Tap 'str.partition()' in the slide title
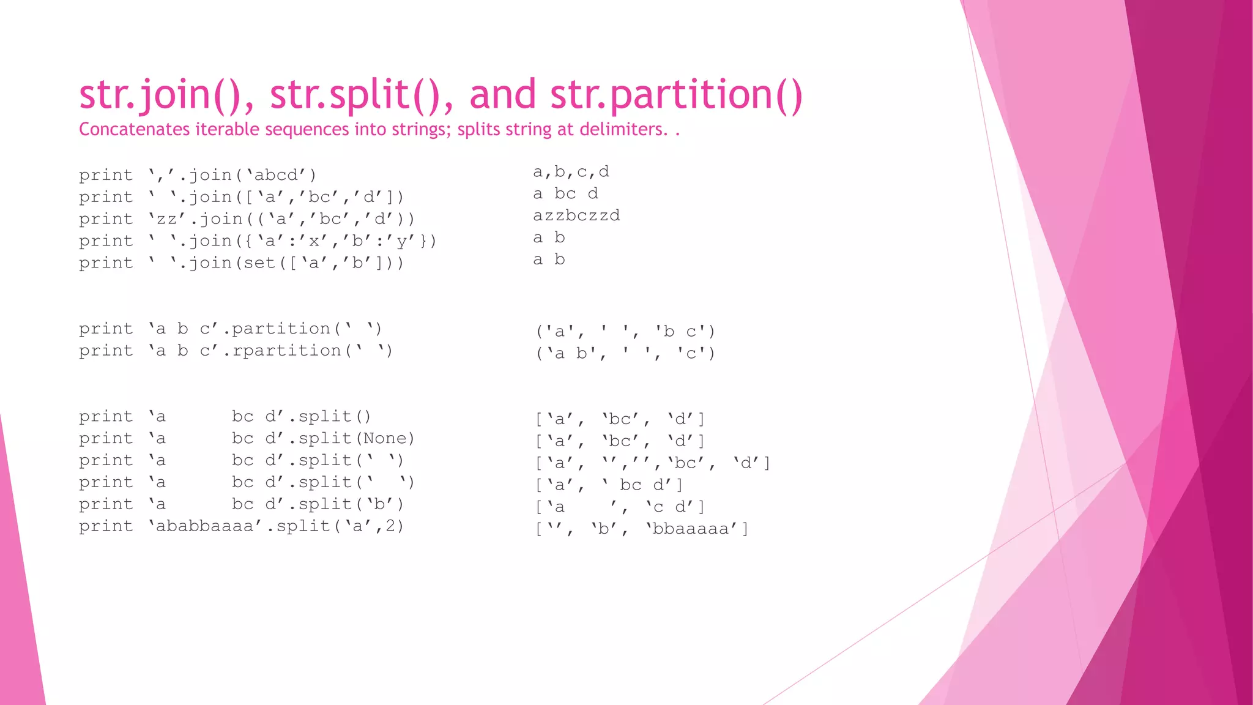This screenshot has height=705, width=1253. pyautogui.click(x=675, y=96)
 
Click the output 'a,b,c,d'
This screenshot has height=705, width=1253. pyautogui.click(x=571, y=172)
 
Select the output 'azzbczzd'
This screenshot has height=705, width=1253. pyautogui.click(x=576, y=216)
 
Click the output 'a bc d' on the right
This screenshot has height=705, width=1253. pyautogui.click(x=565, y=194)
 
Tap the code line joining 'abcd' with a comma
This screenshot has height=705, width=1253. pyautogui.click(x=198, y=176)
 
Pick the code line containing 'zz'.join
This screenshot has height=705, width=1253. pyautogui.click(x=247, y=219)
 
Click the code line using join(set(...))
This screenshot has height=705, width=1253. pyautogui.click(x=241, y=263)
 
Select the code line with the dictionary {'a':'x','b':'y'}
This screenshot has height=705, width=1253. pyautogui.click(x=258, y=241)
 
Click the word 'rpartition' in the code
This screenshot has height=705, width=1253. pyautogui.click(x=286, y=351)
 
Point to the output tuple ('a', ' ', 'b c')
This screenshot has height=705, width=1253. pyautogui.click(x=625, y=332)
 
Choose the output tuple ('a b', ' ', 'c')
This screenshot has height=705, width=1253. pyautogui.click(x=625, y=354)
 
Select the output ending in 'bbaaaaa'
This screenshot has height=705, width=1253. pyautogui.click(x=642, y=529)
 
